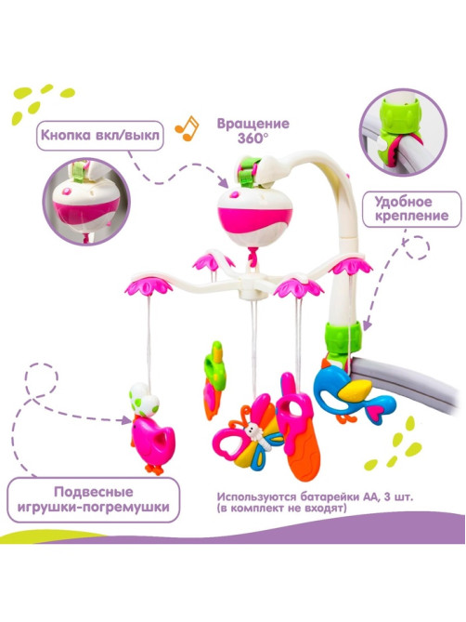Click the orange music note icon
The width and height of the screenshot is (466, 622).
click(x=187, y=128)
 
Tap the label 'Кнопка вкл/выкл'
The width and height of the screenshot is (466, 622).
click(x=100, y=135)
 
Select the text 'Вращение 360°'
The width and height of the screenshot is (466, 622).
click(x=253, y=130)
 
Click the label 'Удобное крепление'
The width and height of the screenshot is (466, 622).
click(x=412, y=209)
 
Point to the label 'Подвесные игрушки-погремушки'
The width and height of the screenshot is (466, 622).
click(x=94, y=499)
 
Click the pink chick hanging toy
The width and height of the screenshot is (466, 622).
click(x=152, y=443)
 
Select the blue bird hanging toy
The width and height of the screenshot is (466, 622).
click(x=354, y=394)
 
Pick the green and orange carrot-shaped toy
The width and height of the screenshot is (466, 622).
click(x=214, y=379)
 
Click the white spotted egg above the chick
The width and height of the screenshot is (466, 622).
click(x=144, y=399)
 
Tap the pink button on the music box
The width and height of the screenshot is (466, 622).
click(x=234, y=194)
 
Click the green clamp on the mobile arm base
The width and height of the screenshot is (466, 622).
click(x=343, y=337)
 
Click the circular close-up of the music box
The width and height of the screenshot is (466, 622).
click(x=86, y=201)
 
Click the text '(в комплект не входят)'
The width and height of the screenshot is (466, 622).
click(x=281, y=509)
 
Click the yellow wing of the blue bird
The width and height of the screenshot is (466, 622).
click(x=355, y=390)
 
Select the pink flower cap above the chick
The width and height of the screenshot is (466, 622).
click(x=149, y=285)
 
